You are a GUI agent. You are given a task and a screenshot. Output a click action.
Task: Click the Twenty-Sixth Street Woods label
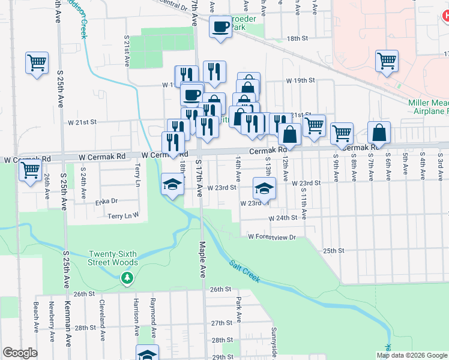[113, 258]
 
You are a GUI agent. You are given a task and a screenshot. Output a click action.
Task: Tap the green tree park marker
[127, 278]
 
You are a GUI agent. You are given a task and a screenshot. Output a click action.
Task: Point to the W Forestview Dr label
[273, 237]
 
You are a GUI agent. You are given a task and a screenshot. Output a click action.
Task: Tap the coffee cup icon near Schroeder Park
[220, 27]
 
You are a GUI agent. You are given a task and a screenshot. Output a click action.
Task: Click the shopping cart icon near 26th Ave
[29, 170]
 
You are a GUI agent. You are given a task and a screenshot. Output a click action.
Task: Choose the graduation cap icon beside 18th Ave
[172, 184]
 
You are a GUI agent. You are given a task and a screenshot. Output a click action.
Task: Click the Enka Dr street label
[106, 202]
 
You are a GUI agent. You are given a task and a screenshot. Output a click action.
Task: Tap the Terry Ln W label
[124, 215]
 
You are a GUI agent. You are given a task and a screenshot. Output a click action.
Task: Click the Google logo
[20, 353]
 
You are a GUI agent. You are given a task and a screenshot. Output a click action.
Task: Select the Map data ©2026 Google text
[411, 355]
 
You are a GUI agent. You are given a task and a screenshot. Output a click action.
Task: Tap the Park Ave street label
[238, 309]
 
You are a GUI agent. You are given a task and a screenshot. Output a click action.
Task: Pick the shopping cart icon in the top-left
[37, 62]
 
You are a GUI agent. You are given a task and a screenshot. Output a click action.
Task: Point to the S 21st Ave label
[127, 50]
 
